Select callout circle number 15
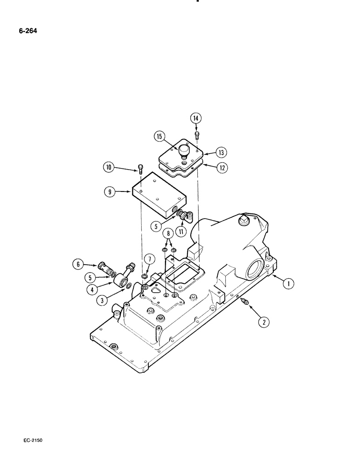pos(160,137)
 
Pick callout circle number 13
pos(221,152)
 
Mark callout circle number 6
pos(78,264)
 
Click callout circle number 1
pos(288,283)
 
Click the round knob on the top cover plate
pos(183,152)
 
